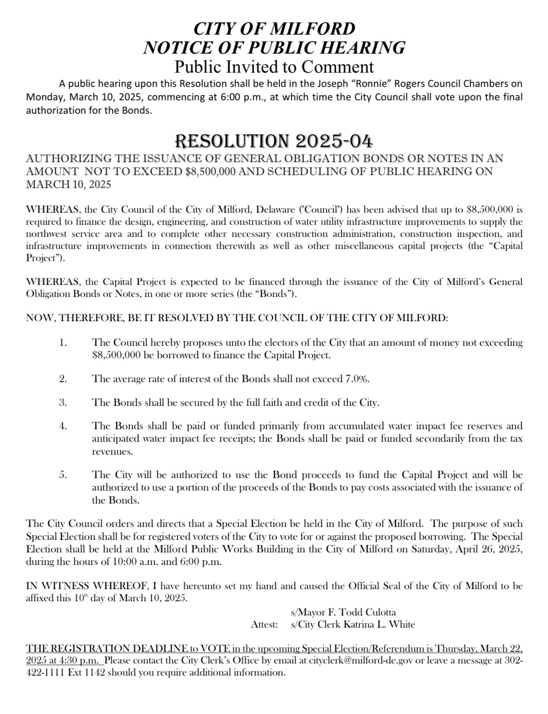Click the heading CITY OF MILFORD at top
[274, 29]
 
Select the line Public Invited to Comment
[274, 67]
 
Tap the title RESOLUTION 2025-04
[274, 141]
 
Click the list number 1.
[63, 343]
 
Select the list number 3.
[63, 402]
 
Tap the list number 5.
[63, 475]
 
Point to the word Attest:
[264, 624]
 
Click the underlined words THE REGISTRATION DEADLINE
[107, 649]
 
